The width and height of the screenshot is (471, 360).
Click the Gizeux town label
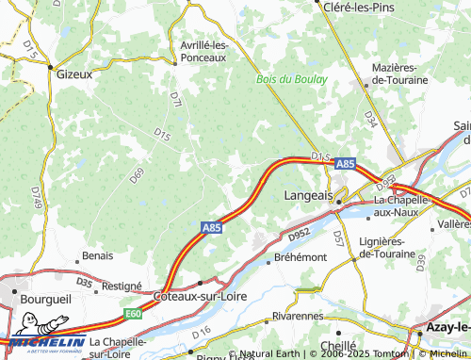(x=76, y=73)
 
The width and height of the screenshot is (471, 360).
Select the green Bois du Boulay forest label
(x=292, y=79)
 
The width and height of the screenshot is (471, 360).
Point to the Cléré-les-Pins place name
(x=357, y=7)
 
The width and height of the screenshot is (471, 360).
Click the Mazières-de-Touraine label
(x=407, y=74)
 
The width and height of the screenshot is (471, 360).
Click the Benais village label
(x=97, y=255)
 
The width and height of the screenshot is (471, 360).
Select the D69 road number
(x=137, y=174)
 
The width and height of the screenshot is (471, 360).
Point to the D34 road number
(x=371, y=120)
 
